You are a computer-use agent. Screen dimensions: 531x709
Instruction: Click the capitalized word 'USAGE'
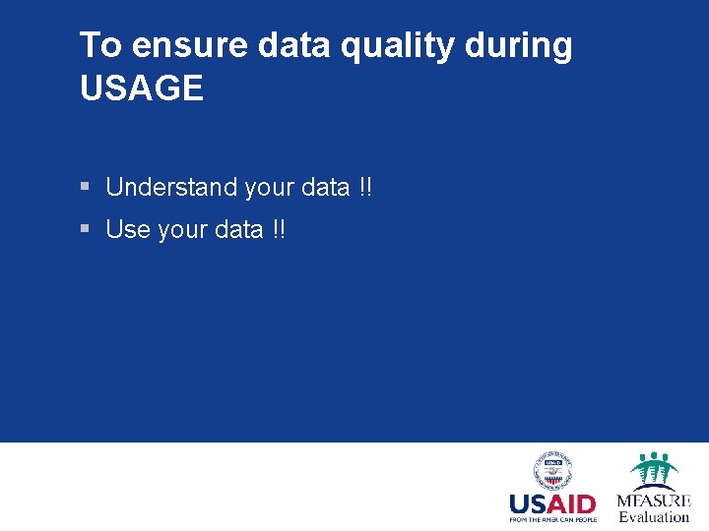tap(141, 88)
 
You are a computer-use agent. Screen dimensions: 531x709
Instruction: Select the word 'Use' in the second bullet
tap(128, 230)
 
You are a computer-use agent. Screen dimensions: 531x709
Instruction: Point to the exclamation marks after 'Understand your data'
tap(365, 187)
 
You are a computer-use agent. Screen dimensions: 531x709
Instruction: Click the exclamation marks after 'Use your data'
tap(279, 230)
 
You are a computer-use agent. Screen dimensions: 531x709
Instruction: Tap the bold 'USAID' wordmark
tap(551, 504)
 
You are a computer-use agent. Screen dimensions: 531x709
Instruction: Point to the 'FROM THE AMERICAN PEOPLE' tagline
tap(551, 520)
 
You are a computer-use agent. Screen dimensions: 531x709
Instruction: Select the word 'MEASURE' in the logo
tap(654, 501)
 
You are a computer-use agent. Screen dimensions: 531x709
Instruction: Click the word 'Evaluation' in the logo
tap(654, 517)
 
